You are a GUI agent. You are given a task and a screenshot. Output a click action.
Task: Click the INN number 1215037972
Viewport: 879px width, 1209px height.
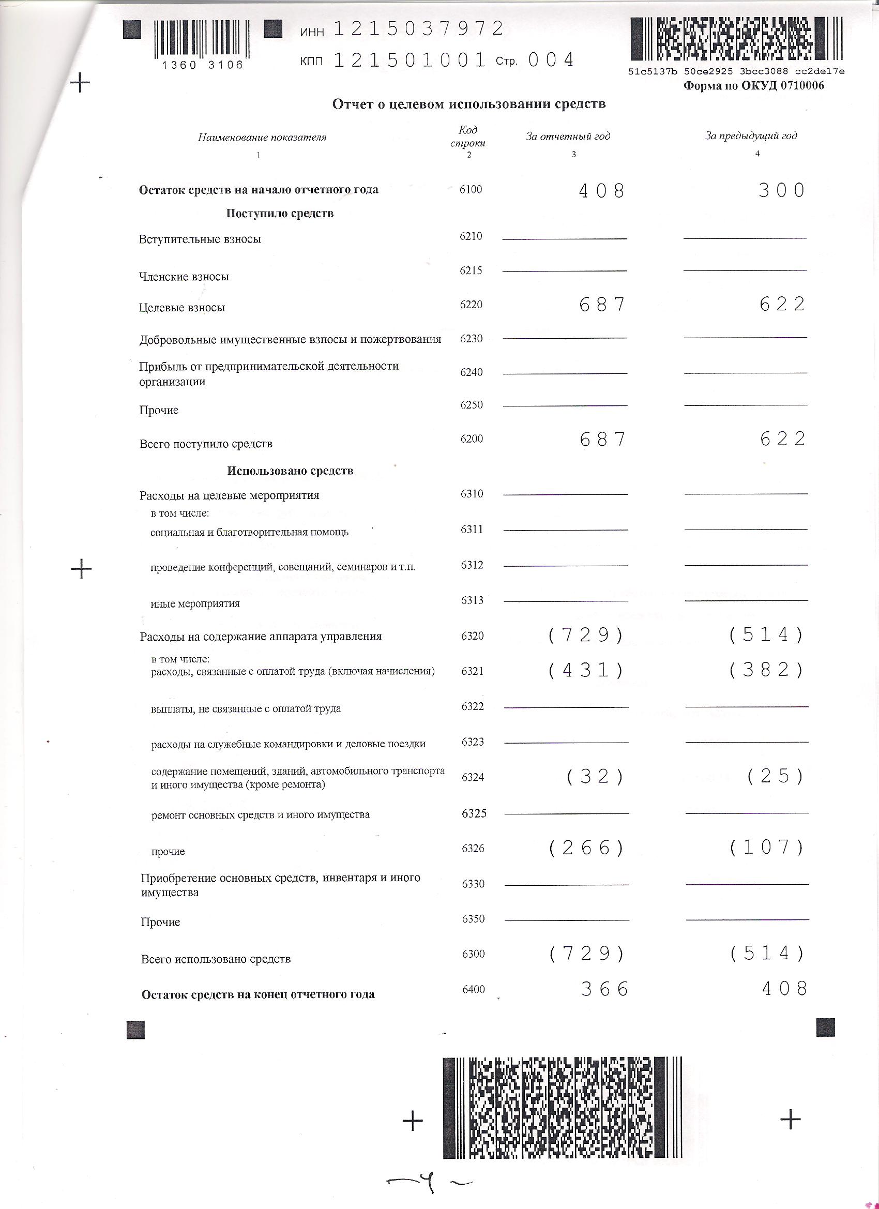(x=418, y=29)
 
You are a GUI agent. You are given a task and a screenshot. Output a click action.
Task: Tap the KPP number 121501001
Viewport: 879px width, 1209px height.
(x=410, y=60)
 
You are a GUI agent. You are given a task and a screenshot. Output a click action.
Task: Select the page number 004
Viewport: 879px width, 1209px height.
(x=551, y=59)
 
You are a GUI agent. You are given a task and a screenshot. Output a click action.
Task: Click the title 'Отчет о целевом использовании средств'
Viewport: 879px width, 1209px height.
(x=468, y=104)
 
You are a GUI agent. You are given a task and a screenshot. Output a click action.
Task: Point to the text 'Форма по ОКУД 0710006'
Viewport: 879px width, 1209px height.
(x=753, y=86)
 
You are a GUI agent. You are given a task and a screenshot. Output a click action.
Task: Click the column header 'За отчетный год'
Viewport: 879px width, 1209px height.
(x=568, y=137)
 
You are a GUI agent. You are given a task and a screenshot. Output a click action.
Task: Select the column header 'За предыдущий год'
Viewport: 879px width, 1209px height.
(x=751, y=136)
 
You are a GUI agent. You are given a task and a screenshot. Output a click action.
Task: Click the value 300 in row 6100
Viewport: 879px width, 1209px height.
(x=781, y=190)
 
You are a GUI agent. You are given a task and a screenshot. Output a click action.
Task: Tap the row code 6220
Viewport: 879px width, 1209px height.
(x=471, y=305)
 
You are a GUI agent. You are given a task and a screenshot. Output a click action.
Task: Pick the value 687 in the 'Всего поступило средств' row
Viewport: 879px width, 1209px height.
(x=602, y=439)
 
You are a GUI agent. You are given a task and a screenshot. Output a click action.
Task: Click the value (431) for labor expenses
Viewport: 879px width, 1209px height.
(x=586, y=670)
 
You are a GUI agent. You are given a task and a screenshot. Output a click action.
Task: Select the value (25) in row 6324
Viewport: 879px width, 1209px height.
(x=775, y=776)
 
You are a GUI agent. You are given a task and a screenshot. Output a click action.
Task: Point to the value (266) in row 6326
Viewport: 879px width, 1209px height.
(x=586, y=848)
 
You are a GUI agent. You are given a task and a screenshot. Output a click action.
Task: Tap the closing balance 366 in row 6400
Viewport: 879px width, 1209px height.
(x=604, y=989)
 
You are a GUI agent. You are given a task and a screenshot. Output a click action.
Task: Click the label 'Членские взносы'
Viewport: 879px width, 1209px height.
(x=184, y=277)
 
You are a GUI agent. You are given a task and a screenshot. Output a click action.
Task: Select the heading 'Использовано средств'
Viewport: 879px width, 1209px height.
(x=290, y=471)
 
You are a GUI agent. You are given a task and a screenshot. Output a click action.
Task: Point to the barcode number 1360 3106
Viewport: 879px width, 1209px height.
(x=203, y=65)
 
